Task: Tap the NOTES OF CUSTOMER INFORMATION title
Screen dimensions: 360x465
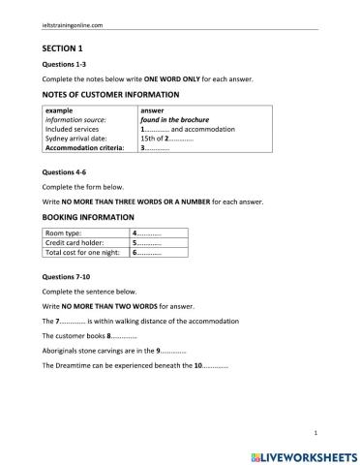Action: [x=110, y=94]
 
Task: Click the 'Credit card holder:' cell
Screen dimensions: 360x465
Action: [x=76, y=244]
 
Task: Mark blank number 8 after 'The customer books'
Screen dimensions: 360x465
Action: [x=123, y=334]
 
